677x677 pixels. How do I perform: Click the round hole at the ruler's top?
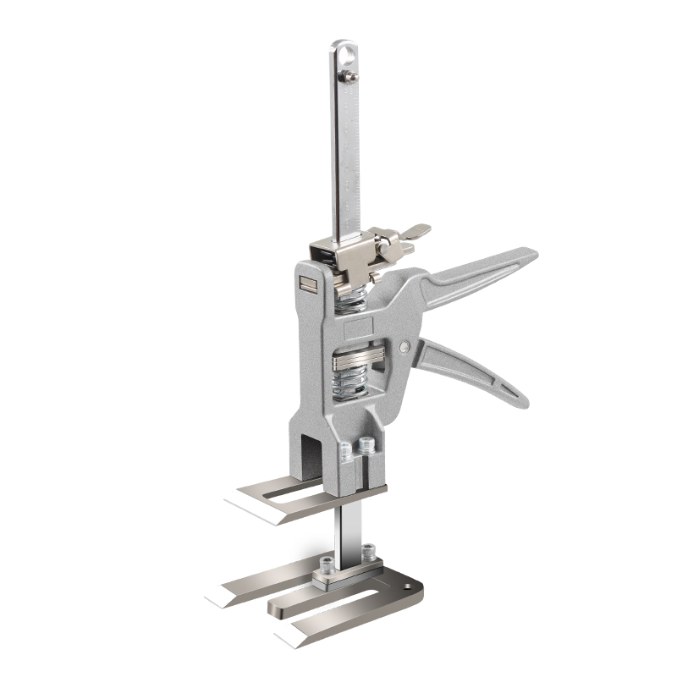coord(345,54)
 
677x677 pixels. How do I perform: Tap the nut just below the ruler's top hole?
coord(347,79)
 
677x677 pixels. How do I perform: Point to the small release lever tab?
coord(416,230)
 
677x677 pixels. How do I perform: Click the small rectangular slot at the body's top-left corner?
coord(305,285)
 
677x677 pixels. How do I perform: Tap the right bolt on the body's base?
coord(366,443)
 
